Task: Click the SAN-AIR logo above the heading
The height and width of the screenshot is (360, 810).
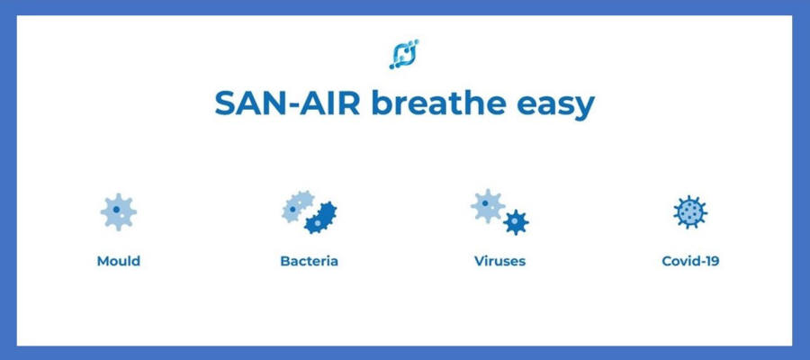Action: pos(404,54)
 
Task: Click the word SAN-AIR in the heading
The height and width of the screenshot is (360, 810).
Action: pos(287,103)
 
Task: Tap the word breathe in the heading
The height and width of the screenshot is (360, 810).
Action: pos(438,103)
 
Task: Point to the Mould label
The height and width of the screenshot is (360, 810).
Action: pos(118,261)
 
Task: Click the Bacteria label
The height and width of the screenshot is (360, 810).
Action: pos(309,261)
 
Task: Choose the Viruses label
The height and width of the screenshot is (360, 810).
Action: pos(499,261)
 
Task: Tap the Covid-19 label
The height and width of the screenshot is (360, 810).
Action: pos(690,261)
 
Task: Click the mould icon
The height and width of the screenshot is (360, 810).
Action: pos(118,211)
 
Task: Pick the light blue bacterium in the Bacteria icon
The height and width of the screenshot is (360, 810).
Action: pos(298,206)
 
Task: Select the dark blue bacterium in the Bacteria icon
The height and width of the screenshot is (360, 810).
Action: pos(320,218)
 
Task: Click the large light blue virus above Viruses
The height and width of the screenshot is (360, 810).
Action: pos(487,205)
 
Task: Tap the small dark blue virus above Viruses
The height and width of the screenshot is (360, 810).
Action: pos(516,222)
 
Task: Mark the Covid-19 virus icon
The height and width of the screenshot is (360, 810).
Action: pos(690,211)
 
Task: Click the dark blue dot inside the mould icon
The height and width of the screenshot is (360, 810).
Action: pos(116,209)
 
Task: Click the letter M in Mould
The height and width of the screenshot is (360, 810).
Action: pos(103,261)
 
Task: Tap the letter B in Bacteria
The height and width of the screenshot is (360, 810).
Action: pos(285,261)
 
